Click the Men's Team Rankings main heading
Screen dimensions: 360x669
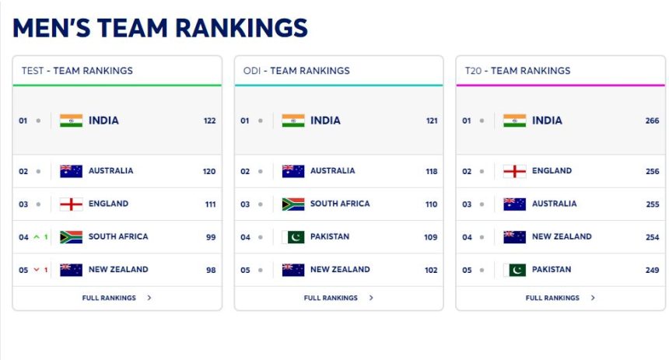160,28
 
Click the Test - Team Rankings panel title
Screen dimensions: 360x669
77,71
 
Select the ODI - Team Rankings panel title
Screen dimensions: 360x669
296,71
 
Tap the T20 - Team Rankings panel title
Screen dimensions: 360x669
517,71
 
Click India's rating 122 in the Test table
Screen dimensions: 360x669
209,121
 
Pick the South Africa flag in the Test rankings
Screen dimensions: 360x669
71,237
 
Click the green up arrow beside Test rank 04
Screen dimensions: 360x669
36,237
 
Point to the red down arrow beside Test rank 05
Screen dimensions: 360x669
36,270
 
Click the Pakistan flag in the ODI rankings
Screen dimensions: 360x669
293,237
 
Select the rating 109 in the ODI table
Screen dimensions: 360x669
430,237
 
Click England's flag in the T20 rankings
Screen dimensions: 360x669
514,171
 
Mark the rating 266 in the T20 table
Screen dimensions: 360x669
652,121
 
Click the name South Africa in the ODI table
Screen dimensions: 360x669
340,204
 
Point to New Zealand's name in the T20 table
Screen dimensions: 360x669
562,236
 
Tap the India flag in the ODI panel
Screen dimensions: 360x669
293,121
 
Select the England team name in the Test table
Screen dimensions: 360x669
108,204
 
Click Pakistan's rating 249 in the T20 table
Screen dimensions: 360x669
652,270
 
